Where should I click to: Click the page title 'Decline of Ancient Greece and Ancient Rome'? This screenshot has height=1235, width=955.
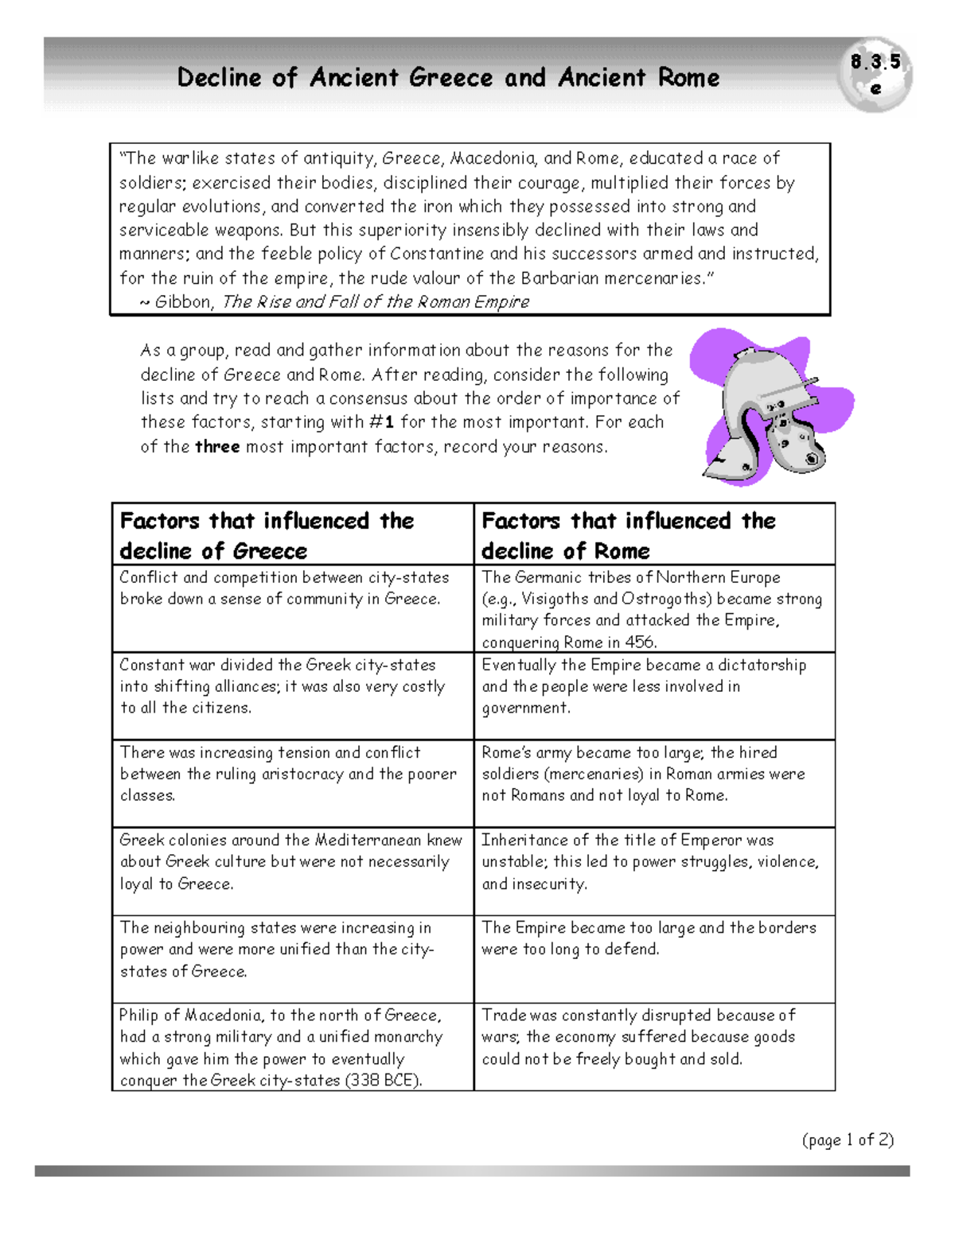[448, 78]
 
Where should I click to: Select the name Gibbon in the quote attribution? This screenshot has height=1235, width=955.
[183, 302]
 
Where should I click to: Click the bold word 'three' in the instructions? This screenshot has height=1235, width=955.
[217, 447]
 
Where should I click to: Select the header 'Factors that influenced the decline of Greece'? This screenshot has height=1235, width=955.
[267, 535]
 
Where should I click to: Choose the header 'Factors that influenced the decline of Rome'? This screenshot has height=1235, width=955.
[629, 535]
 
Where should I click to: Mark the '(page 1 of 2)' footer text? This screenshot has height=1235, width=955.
[848, 1140]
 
